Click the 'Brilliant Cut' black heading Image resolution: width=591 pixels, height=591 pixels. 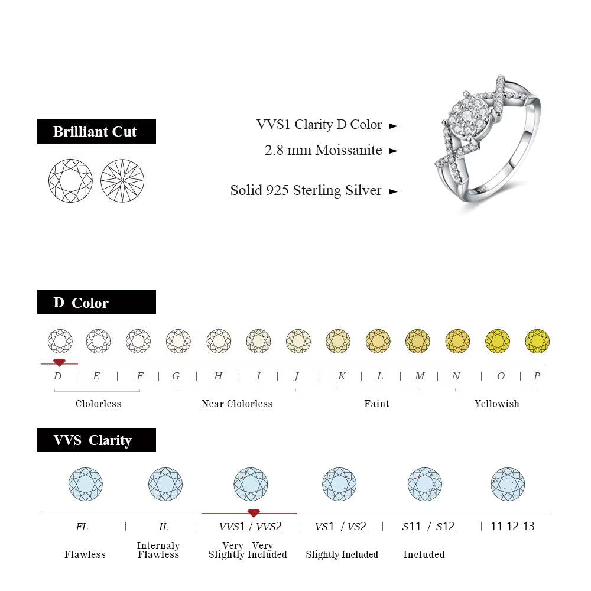(96, 131)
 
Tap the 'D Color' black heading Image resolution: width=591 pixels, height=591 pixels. (96, 303)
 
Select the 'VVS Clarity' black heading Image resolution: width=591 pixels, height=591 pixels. (96, 440)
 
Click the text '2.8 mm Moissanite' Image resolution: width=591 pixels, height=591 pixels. (323, 150)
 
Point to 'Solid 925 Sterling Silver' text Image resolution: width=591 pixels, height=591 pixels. (306, 190)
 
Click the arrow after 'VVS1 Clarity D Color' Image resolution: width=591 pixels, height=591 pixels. (394, 126)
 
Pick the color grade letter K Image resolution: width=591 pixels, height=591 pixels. (342, 376)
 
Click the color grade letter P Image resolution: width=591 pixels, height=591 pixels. (537, 376)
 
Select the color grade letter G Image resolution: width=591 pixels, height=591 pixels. (176, 376)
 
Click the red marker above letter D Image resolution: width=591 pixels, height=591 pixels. (59, 362)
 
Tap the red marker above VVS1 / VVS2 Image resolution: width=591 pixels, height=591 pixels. (254, 513)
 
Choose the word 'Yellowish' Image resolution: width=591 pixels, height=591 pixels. (496, 404)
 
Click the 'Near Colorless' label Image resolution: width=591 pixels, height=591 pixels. (237, 404)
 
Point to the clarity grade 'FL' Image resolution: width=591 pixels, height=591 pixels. (82, 527)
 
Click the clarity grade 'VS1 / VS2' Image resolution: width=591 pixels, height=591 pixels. (341, 527)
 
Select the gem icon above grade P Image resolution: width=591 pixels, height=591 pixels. (537, 341)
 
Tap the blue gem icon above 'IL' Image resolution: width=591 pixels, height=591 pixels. (165, 485)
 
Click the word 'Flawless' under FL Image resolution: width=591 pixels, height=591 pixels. (85, 554)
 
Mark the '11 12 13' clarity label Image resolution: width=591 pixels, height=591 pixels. (512, 527)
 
